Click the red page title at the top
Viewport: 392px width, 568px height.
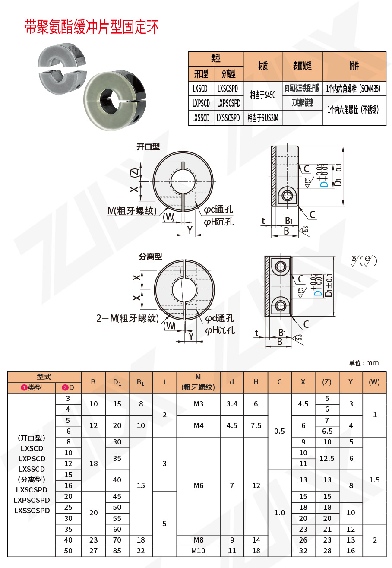[x=92, y=27]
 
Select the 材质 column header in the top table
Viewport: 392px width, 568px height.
[x=262, y=66]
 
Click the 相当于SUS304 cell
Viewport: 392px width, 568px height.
[x=262, y=118]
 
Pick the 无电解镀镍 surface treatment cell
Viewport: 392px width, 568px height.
[x=302, y=103]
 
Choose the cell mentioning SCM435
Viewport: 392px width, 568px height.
[x=354, y=89]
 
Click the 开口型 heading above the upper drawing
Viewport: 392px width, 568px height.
[x=148, y=147]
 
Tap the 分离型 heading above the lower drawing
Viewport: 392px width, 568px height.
[x=150, y=256]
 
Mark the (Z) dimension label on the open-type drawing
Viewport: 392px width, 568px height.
[x=135, y=173]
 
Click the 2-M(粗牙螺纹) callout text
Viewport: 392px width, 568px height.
[x=127, y=319]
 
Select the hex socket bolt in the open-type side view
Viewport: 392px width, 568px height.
[x=286, y=196]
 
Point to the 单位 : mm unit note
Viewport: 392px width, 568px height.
[x=364, y=363]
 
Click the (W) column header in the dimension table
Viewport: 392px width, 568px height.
[x=374, y=382]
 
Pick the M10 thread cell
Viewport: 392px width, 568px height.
[x=198, y=551]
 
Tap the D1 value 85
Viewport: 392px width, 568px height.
[x=117, y=551]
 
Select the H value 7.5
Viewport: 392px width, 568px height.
[x=256, y=425]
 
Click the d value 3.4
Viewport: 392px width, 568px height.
[x=232, y=404]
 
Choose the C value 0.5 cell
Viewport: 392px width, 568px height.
[x=279, y=431]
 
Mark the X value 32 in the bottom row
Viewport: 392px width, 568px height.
[x=303, y=551]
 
